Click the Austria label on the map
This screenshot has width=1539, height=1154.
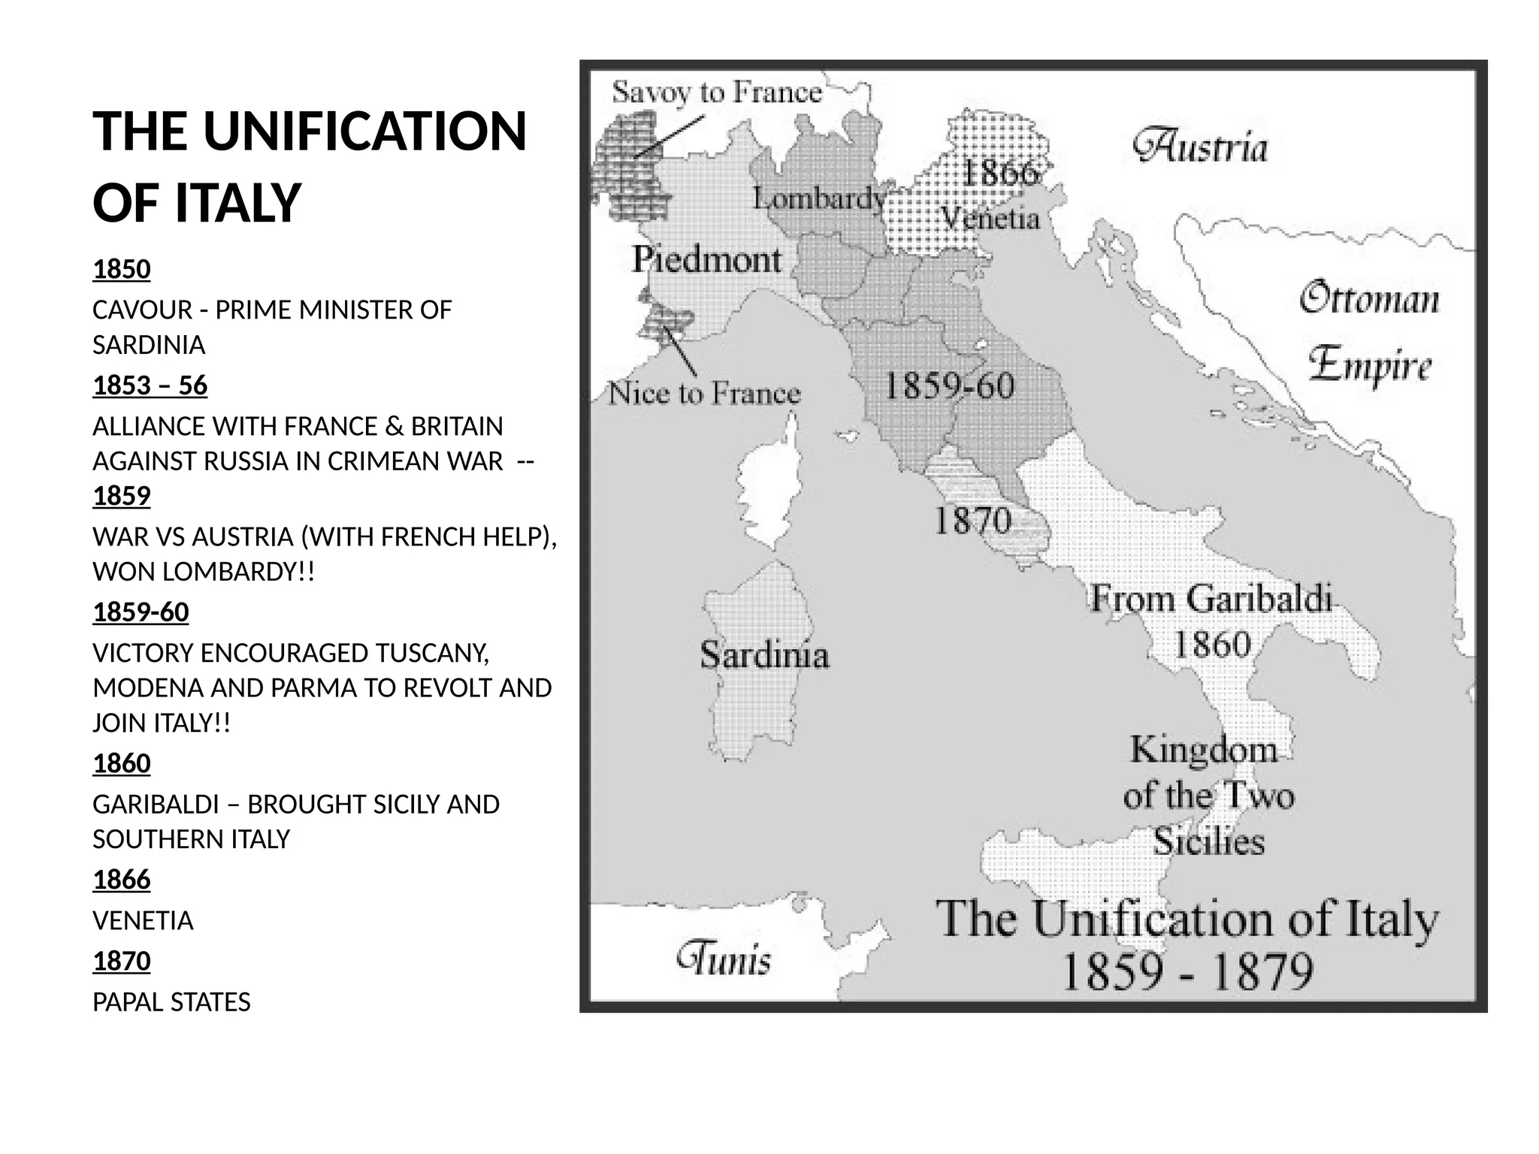[1200, 147]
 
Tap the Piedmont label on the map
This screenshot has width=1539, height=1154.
[706, 260]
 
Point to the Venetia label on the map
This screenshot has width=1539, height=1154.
[990, 219]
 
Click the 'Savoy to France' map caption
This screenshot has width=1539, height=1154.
[716, 93]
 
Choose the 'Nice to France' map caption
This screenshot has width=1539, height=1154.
[704, 393]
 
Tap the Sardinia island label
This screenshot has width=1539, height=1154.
[764, 654]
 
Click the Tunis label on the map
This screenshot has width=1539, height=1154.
[724, 959]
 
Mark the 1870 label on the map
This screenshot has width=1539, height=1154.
[972, 521]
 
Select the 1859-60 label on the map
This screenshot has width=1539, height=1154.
[948, 386]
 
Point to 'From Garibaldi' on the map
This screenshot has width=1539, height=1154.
[1211, 599]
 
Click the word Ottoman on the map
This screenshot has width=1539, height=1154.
[1369, 298]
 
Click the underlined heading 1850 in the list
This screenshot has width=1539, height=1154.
[121, 269]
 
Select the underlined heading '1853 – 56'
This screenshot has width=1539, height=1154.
[150, 385]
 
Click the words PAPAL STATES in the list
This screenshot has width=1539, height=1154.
[171, 1001]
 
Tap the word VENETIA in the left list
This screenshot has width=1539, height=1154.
[143, 920]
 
